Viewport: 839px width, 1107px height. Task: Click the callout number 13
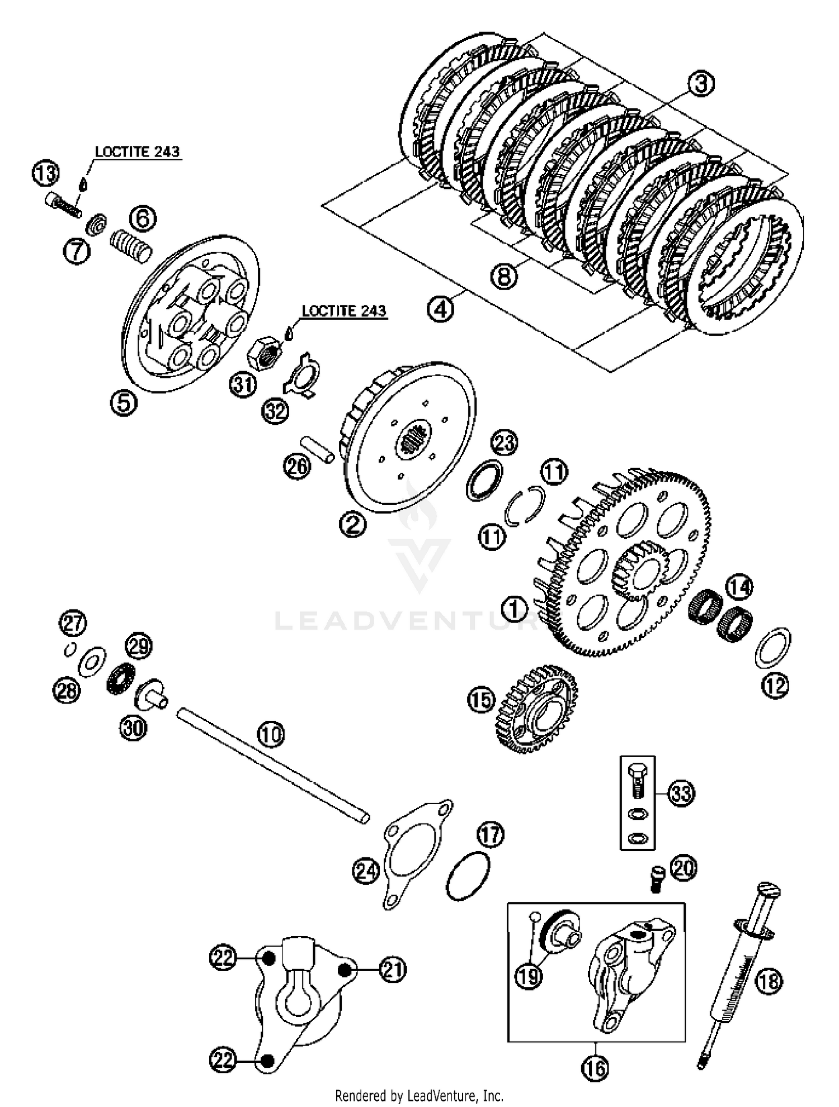click(45, 173)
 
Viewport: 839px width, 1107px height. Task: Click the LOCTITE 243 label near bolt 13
click(137, 151)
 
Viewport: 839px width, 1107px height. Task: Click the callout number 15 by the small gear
click(482, 700)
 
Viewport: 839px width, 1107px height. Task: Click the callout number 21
click(393, 970)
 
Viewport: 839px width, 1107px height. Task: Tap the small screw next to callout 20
click(656, 878)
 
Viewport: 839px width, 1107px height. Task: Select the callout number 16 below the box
click(595, 1068)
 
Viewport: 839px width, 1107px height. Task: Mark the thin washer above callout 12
click(773, 648)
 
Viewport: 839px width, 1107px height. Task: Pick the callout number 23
click(504, 443)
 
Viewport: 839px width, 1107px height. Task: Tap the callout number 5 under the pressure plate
click(124, 402)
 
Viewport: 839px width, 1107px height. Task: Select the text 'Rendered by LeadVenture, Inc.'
click(419, 1095)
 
